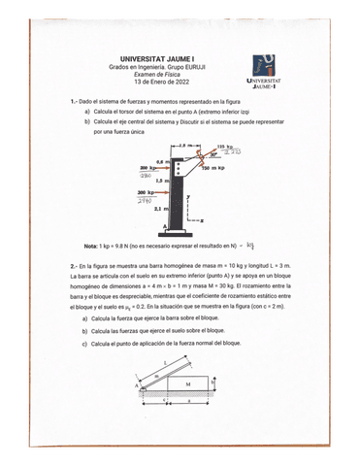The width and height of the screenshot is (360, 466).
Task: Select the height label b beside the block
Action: coord(240,382)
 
